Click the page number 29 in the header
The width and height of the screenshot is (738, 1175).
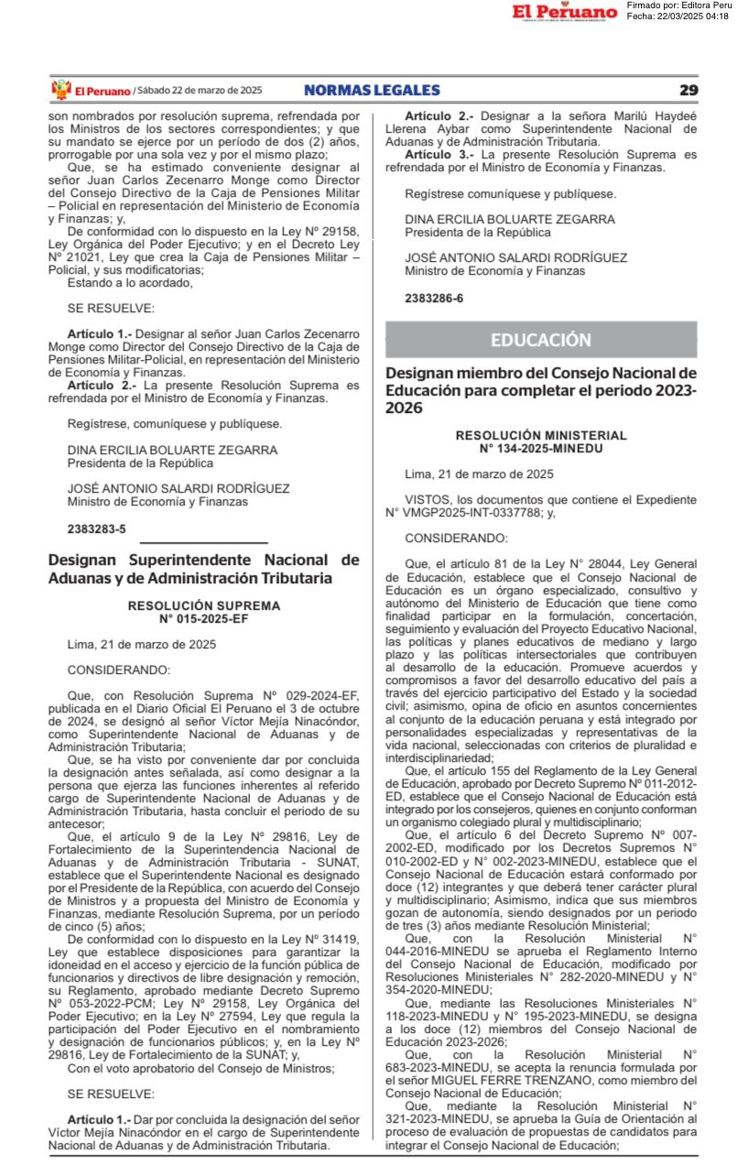(689, 90)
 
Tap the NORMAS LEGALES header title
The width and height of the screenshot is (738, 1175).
(372, 90)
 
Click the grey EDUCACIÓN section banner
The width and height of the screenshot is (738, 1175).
(540, 340)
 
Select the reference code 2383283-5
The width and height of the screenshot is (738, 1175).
(96, 529)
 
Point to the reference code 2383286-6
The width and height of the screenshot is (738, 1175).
(434, 299)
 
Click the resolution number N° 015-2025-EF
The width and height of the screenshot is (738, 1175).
(203, 618)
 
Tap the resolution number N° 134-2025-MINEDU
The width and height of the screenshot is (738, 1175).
(540, 448)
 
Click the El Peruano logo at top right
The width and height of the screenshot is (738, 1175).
(564, 12)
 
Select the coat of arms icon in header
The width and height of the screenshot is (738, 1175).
(60, 90)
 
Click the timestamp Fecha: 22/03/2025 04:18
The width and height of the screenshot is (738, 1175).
(678, 16)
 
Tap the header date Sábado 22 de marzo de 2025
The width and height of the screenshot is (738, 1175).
(200, 90)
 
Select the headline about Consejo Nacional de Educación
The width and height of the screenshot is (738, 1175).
(540, 390)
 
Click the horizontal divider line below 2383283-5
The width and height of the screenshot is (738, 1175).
(203, 542)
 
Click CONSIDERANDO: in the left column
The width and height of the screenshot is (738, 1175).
(118, 669)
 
